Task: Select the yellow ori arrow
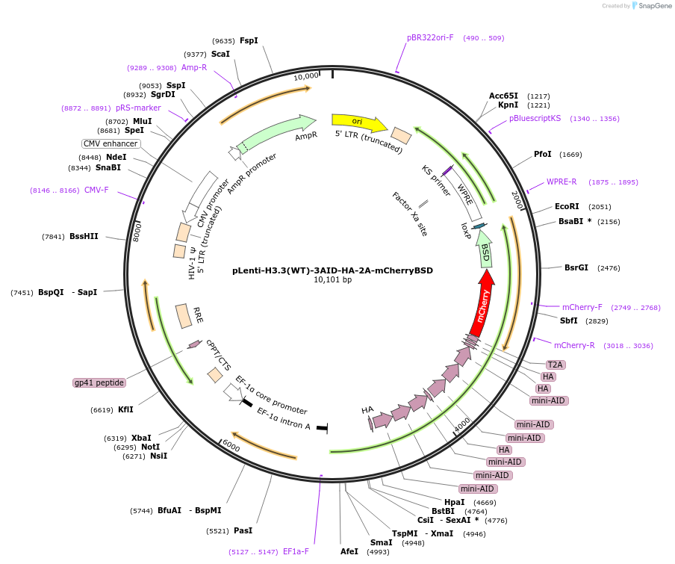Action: [x=358, y=123]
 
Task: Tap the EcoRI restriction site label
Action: [x=567, y=207]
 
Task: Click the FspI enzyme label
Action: [x=249, y=40]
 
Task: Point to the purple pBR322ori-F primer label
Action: [x=430, y=37]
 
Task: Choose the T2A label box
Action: [x=556, y=365]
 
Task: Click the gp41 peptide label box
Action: [x=99, y=382]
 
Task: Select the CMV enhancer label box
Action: [x=111, y=143]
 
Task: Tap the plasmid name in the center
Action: [x=332, y=270]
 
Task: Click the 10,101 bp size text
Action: [x=332, y=280]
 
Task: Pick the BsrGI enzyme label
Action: [x=576, y=267]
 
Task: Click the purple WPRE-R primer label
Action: [x=562, y=182]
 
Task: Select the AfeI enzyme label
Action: [x=349, y=551]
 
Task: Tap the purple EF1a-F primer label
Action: [x=296, y=551]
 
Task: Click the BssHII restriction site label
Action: [x=84, y=237]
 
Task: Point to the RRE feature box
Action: [x=184, y=315]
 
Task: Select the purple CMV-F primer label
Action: [x=96, y=190]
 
